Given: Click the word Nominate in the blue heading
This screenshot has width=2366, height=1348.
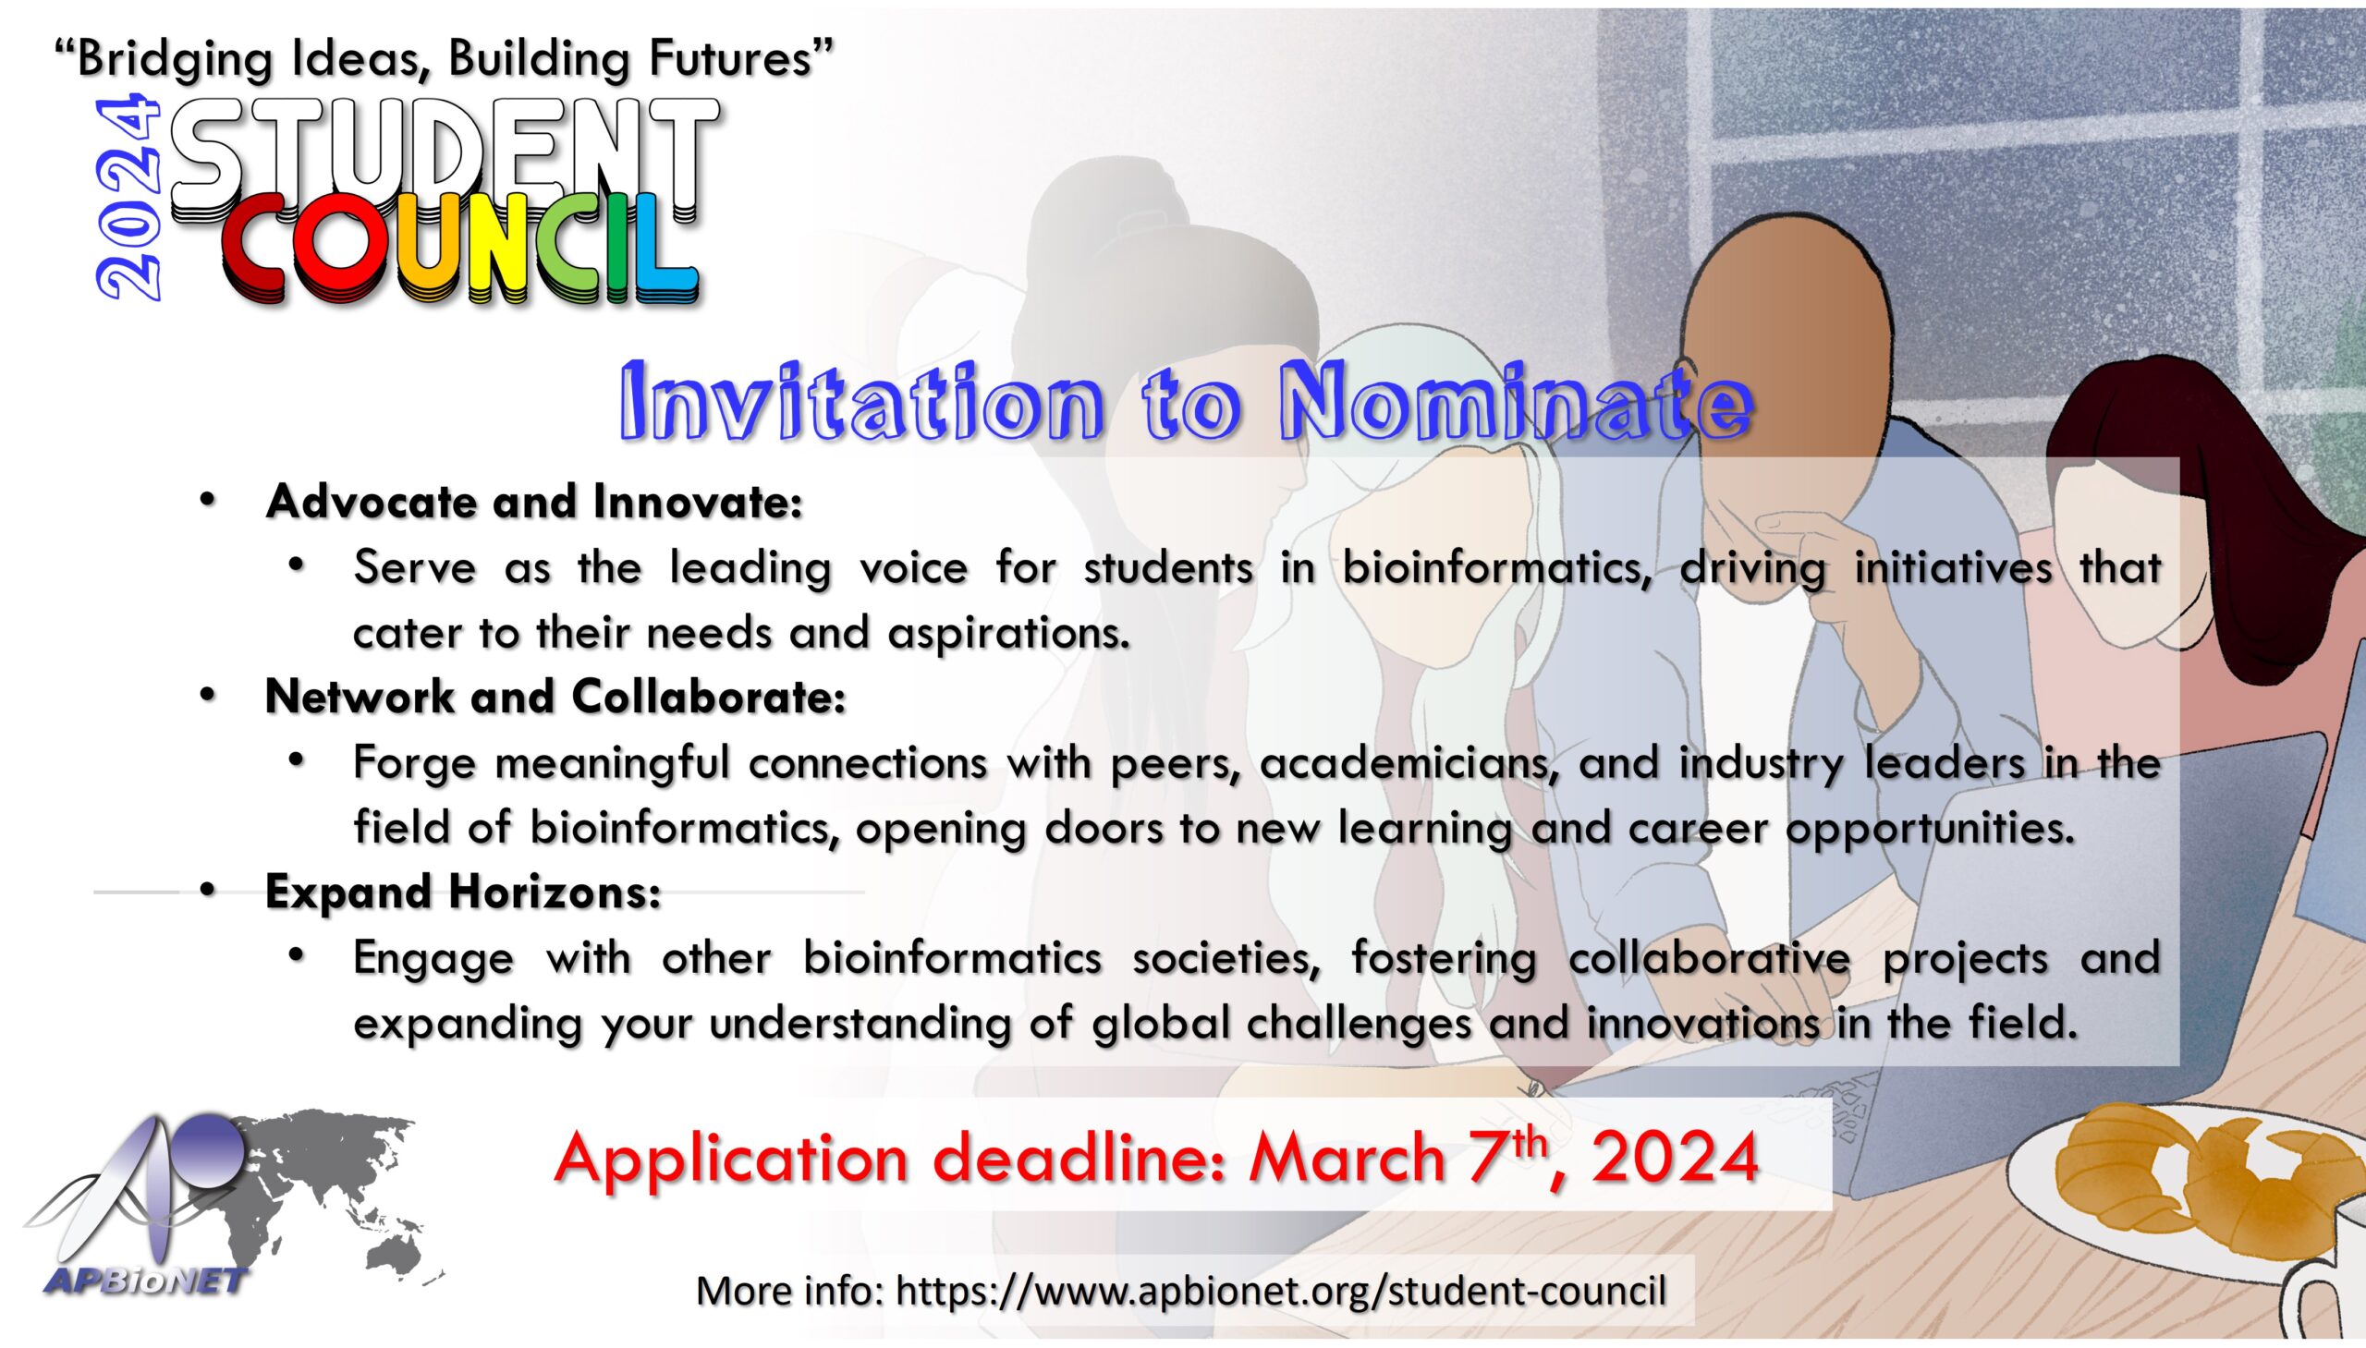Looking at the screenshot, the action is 1518,405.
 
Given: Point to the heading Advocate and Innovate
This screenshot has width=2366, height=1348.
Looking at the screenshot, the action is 533,502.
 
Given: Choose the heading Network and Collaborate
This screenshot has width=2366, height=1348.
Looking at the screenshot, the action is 555,698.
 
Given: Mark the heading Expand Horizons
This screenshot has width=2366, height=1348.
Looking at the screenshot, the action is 463,892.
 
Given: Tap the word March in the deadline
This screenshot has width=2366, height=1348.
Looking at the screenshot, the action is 1348,1159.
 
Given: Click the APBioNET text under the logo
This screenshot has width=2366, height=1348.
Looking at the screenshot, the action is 146,1281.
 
